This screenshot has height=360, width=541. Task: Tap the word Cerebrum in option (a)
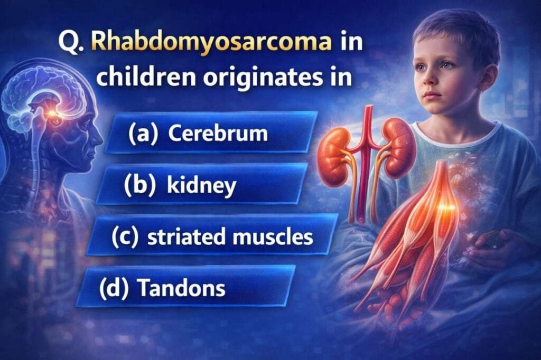(218, 134)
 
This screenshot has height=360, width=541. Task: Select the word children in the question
(139, 79)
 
